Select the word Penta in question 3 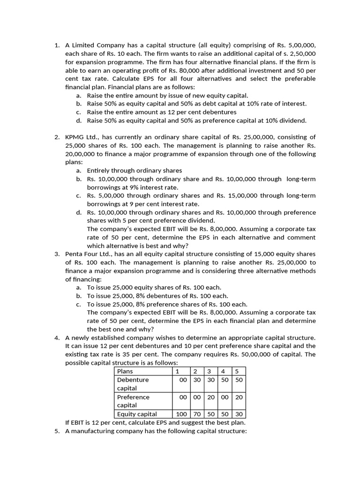point(74,254)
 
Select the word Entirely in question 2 point(101,171)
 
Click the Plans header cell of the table point(125,371)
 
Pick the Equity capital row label point(137,414)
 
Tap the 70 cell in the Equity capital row point(197,414)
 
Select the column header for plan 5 point(237,371)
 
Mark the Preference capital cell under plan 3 point(210,397)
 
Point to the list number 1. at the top point(57,45)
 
